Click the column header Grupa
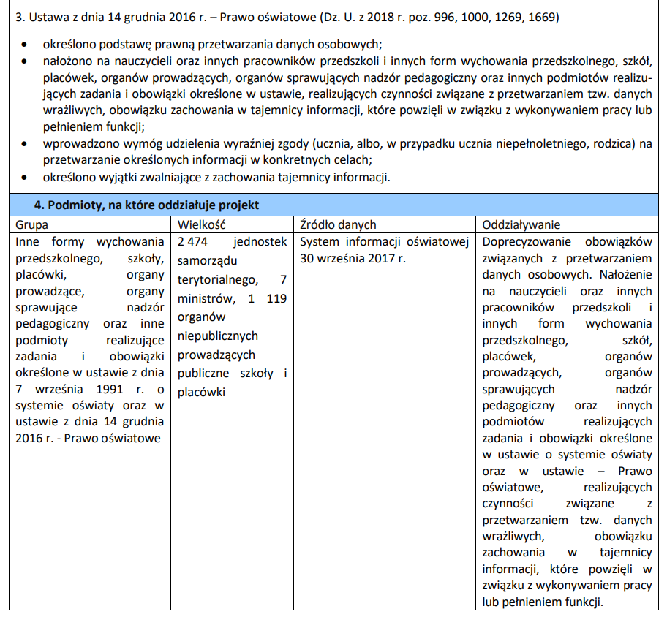pyautogui.click(x=32, y=224)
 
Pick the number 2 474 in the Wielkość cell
pyautogui.click(x=193, y=242)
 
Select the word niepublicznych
pyautogui.click(x=218, y=336)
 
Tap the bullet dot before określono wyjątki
pyautogui.click(x=26, y=177)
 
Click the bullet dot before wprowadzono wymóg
pyautogui.click(x=26, y=144)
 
